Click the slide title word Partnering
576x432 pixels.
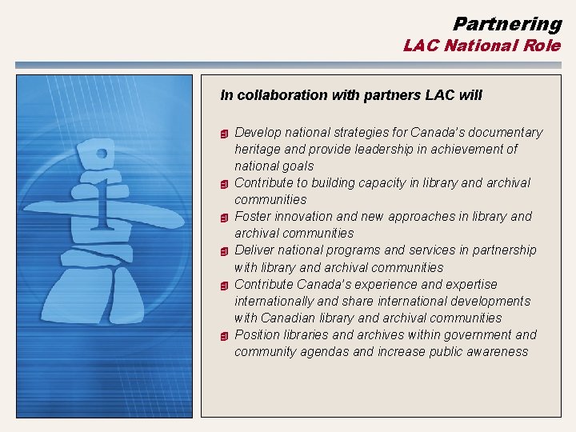[507, 24]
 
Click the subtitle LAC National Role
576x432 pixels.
[482, 46]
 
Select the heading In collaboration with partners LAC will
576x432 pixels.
[351, 95]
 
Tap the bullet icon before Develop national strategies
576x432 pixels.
[226, 133]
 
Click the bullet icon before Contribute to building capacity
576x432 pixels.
[226, 183]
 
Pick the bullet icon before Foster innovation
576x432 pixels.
[226, 217]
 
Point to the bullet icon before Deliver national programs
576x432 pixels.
[226, 250]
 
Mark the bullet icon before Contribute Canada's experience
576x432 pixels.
[226, 285]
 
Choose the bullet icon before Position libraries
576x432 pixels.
[226, 335]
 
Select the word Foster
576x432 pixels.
[252, 216]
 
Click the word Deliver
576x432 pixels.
[254, 250]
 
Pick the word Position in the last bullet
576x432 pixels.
[258, 334]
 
